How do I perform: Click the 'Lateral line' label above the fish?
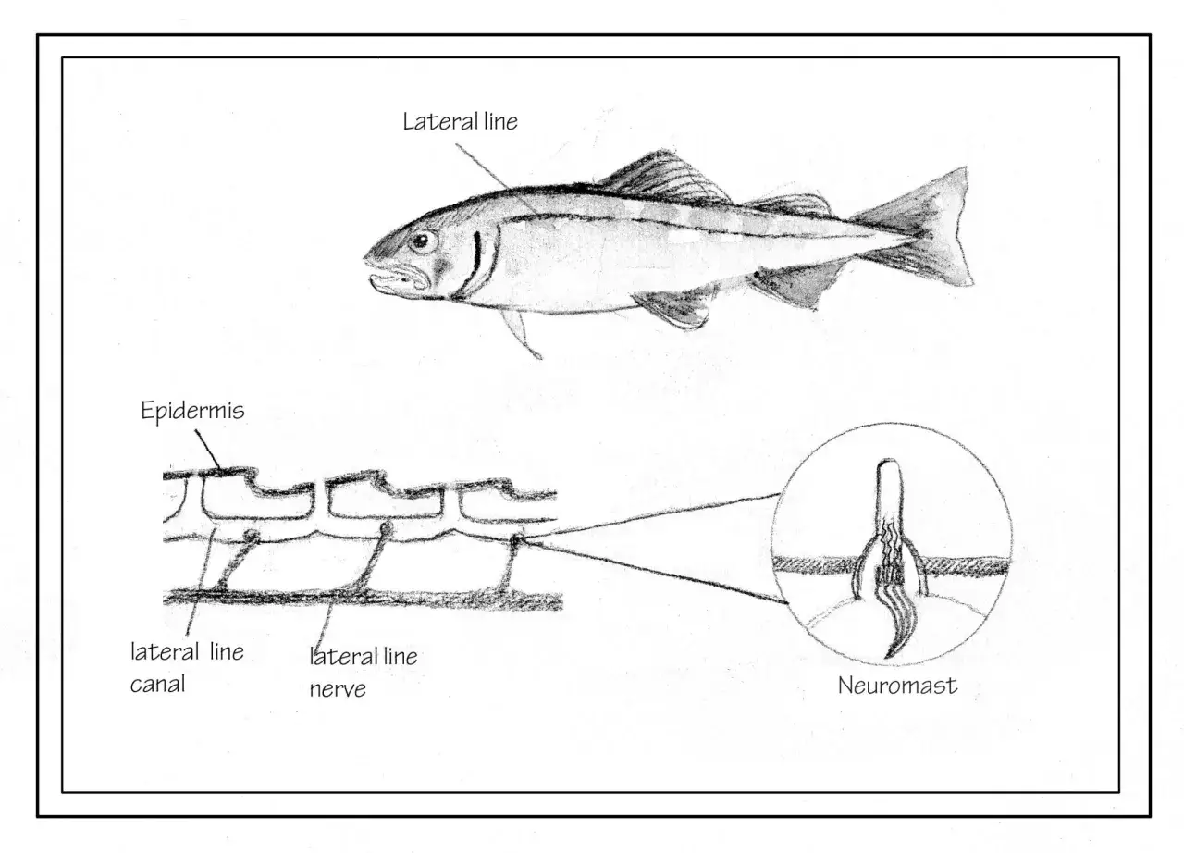point(460,121)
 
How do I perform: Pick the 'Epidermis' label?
point(192,411)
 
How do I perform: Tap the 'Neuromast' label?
point(897,686)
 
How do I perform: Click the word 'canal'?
point(157,685)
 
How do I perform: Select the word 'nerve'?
point(338,689)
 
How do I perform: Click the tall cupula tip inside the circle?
point(889,487)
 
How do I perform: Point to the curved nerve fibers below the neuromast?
point(898,624)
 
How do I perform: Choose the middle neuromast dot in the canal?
point(387,528)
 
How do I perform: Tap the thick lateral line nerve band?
point(363,599)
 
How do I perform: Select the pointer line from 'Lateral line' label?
point(497,179)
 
